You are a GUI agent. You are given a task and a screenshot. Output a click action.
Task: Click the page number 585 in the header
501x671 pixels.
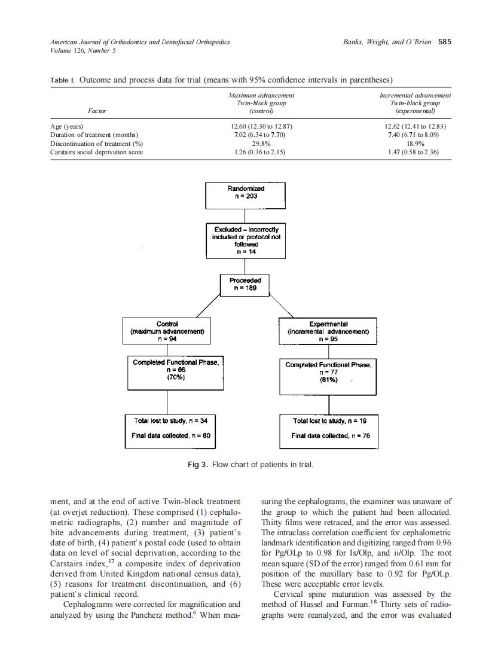tap(444, 42)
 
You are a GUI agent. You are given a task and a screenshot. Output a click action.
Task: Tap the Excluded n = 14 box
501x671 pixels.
tap(246, 240)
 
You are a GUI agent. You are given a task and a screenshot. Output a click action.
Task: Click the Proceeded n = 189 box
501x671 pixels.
tap(245, 284)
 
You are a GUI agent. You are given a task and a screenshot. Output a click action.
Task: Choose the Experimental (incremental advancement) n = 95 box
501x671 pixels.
tap(328, 331)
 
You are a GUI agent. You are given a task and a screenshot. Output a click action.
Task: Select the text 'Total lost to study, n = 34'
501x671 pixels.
tap(170, 421)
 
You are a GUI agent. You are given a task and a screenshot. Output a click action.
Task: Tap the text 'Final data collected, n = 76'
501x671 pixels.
tap(331, 435)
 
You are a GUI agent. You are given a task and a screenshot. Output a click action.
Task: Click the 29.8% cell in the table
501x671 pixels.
tap(261, 144)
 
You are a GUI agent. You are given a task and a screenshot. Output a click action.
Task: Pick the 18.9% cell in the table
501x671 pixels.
tap(415, 144)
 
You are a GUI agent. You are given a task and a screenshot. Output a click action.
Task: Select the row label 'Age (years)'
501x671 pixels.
tap(67, 126)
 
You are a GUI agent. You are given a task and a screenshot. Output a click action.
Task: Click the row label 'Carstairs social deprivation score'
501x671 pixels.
tap(97, 152)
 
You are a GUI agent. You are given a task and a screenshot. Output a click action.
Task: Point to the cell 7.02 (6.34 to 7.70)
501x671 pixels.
tap(261, 135)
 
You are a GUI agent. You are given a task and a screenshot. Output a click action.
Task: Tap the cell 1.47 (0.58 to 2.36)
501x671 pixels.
tap(415, 152)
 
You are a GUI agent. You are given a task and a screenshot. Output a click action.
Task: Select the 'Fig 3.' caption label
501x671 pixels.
tap(198, 465)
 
